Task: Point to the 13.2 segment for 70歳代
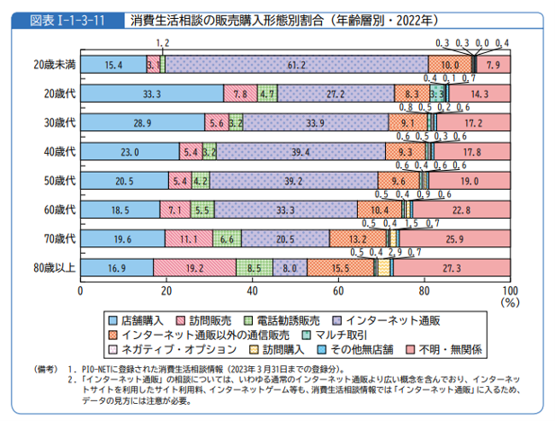[357, 238]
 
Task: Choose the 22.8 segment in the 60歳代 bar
[461, 210]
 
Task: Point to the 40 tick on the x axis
[252, 291]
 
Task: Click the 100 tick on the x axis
[509, 291]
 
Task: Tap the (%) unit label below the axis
[509, 303]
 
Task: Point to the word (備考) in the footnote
[44, 369]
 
